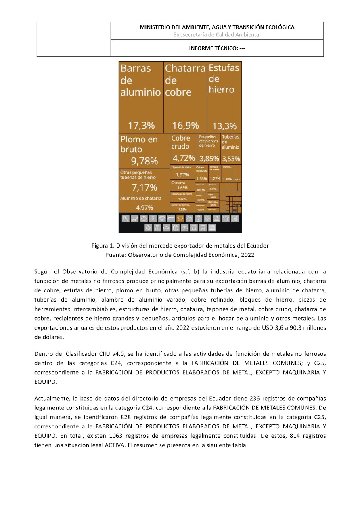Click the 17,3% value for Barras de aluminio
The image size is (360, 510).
(x=141, y=126)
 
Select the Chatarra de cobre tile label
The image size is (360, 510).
(x=185, y=80)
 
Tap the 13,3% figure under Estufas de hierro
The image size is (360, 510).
(x=224, y=126)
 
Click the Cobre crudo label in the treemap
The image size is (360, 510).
(x=180, y=142)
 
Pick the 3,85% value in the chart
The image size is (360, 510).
(x=209, y=159)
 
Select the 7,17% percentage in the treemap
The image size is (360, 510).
(x=144, y=187)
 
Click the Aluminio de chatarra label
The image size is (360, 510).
(x=141, y=198)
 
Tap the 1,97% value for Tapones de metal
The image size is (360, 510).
(x=182, y=175)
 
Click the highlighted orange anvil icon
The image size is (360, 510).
(x=180, y=218)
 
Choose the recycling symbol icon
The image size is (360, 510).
(x=189, y=218)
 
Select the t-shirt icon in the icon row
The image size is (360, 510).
(x=226, y=218)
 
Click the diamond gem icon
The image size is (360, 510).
(x=162, y=218)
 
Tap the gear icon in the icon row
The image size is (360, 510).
(x=207, y=218)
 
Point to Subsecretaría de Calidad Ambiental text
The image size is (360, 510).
(x=217, y=35)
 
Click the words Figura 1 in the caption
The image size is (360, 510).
(x=103, y=246)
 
